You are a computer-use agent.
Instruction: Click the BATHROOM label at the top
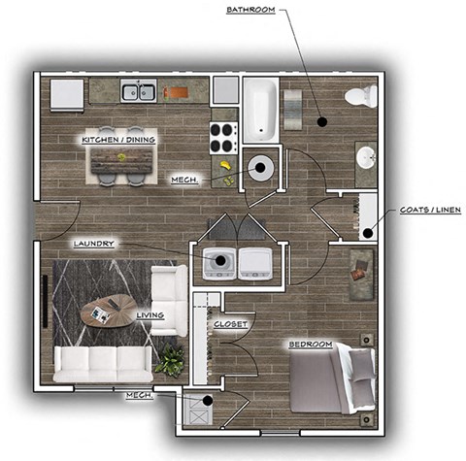pyautogui.click(x=250, y=10)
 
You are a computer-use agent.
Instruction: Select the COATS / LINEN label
pyautogui.click(x=429, y=210)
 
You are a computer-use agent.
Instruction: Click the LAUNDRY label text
pyautogui.click(x=96, y=244)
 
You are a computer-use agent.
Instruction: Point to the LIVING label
pyautogui.click(x=150, y=315)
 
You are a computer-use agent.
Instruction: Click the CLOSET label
pyautogui.click(x=230, y=323)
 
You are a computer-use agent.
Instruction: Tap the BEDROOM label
pyautogui.click(x=309, y=345)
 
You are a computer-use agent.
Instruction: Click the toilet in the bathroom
pyautogui.click(x=362, y=97)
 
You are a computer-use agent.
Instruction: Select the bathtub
pyautogui.click(x=260, y=110)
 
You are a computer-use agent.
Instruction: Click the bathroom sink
pyautogui.click(x=367, y=157)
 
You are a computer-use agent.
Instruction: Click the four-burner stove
pyautogui.click(x=224, y=136)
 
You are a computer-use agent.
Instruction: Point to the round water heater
pyautogui.click(x=261, y=167)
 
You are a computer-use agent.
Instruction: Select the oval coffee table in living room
pyautogui.click(x=108, y=309)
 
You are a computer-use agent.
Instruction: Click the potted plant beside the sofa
pyautogui.click(x=171, y=361)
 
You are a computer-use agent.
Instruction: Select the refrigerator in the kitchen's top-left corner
pyautogui.click(x=67, y=95)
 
